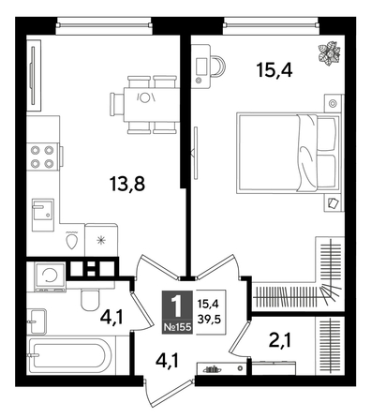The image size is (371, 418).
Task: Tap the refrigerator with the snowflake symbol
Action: click(102, 239)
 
